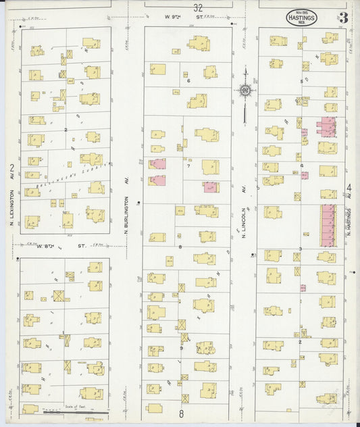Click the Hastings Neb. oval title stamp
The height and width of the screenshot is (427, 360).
(x=301, y=18)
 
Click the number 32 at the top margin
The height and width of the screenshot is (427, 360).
(x=197, y=8)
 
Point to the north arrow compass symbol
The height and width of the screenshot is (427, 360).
(x=245, y=90)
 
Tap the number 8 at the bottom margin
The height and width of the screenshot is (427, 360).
(x=181, y=412)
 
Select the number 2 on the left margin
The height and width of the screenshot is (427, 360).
(x=12, y=167)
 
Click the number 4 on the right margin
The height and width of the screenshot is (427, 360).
(x=349, y=187)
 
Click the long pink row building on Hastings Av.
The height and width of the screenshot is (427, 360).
(x=328, y=226)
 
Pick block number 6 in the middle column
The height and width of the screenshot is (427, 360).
(x=188, y=80)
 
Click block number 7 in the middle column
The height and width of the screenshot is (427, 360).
(x=188, y=165)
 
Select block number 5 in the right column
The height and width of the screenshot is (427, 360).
(x=302, y=80)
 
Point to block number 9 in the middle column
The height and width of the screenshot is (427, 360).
(x=181, y=348)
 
